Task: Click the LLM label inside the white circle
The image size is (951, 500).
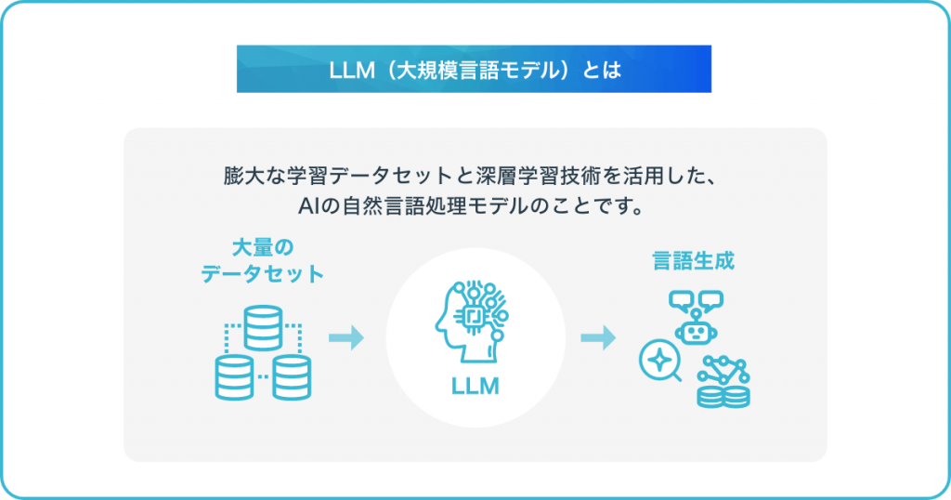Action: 475,386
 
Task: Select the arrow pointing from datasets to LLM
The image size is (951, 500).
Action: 345,338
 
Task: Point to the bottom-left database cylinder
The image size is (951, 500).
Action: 233,376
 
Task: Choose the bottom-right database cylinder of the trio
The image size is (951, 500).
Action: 291,376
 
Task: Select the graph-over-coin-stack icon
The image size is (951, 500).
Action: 724,381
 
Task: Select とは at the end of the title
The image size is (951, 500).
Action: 601,70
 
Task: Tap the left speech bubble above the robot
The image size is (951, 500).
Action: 681,300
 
